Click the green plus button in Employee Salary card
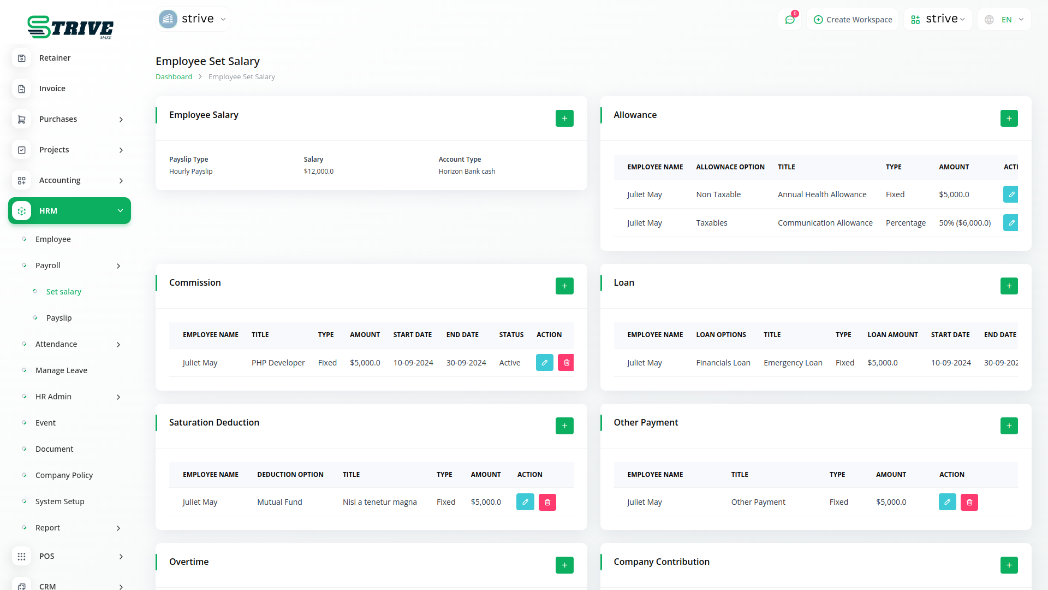click(564, 119)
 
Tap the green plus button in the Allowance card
click(1009, 119)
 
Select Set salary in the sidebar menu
click(63, 292)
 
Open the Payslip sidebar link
click(59, 318)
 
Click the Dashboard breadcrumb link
click(174, 77)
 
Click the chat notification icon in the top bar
click(790, 20)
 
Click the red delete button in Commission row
click(566, 363)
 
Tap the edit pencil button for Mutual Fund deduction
click(525, 502)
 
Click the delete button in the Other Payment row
click(969, 502)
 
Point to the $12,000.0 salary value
click(319, 172)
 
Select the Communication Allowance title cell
click(825, 223)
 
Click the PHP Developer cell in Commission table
click(278, 363)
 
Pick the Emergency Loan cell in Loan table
click(793, 363)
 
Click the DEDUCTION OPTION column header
click(290, 475)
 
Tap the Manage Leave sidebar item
click(61, 370)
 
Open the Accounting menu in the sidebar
click(60, 180)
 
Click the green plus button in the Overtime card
click(564, 565)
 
